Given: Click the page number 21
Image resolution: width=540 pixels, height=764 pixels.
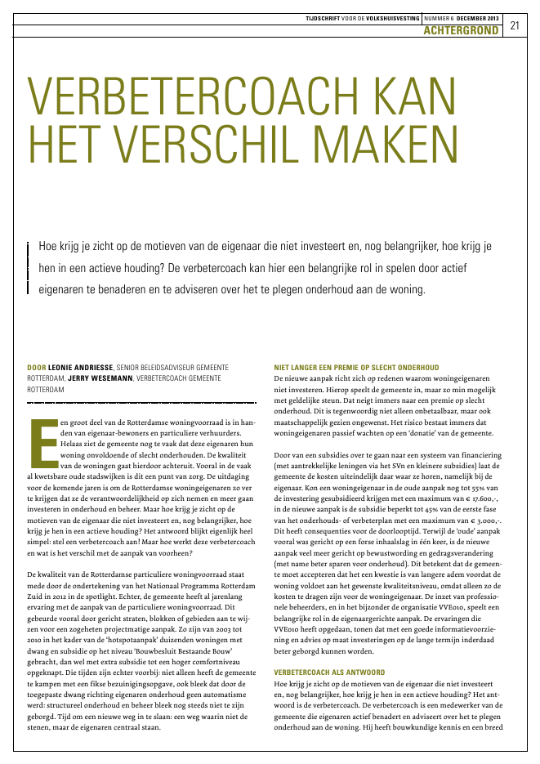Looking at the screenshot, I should click(515, 25).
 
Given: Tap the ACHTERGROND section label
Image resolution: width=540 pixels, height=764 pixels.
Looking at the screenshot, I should click(462, 30).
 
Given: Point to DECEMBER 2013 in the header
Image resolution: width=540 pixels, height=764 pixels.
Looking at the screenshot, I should click(479, 16).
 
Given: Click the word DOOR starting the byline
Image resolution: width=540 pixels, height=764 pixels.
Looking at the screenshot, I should click(36, 369).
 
